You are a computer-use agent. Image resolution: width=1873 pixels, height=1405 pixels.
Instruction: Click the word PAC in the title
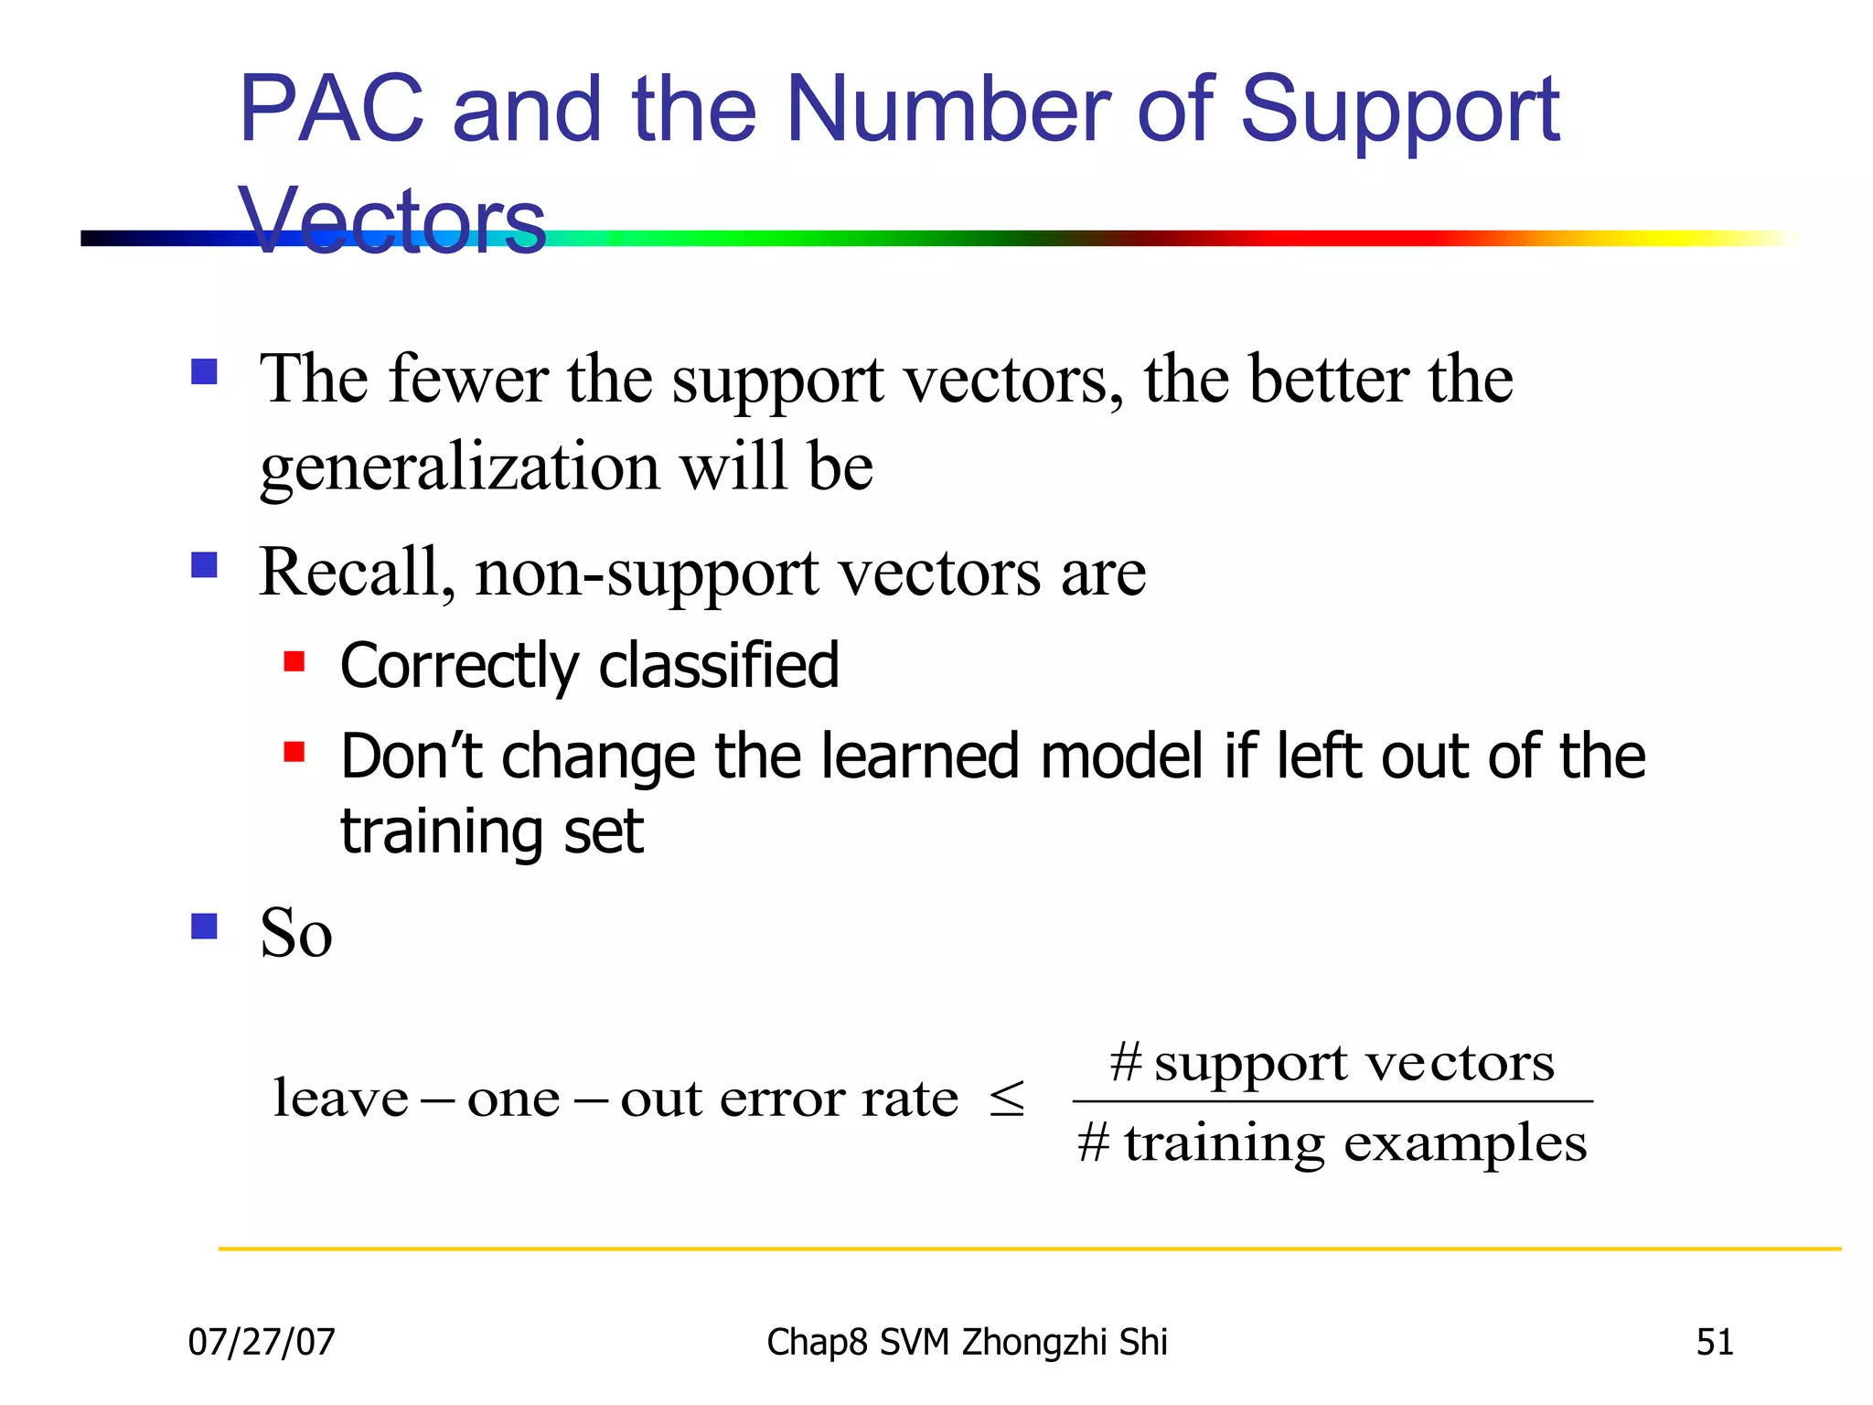pos(331,110)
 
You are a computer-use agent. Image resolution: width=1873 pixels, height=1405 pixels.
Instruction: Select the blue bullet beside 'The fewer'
pos(204,372)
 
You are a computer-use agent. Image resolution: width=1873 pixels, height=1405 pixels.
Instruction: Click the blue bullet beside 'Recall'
pos(204,565)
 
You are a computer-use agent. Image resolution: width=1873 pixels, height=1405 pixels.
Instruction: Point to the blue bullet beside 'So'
pos(204,927)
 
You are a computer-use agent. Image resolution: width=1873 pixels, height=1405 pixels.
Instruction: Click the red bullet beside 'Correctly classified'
pos(294,661)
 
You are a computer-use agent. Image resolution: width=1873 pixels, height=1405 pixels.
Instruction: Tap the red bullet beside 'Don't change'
pos(294,752)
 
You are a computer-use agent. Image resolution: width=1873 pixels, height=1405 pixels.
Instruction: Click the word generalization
pos(459,467)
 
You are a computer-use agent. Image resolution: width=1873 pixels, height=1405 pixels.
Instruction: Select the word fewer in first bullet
pos(467,380)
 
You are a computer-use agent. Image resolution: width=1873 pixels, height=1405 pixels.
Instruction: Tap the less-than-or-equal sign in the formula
pos(1007,1098)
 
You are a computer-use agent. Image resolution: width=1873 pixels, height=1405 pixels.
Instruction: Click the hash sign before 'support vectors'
pos(1126,1062)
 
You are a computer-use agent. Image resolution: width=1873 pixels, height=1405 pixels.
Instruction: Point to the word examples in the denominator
pos(1465,1143)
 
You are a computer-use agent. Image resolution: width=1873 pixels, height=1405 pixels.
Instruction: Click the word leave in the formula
pos(340,1098)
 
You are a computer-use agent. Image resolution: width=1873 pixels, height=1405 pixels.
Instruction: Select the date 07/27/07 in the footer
pos(262,1342)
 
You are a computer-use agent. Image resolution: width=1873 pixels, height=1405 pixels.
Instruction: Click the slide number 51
pos(1714,1342)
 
